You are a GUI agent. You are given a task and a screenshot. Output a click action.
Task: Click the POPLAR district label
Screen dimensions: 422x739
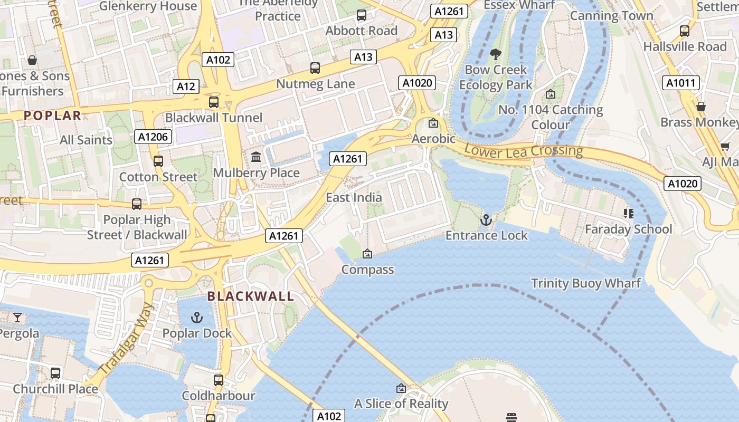point(53,116)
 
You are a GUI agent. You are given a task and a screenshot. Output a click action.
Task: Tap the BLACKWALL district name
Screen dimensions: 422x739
point(251,296)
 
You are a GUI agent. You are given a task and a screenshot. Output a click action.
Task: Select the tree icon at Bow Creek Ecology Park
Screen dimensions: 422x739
point(495,54)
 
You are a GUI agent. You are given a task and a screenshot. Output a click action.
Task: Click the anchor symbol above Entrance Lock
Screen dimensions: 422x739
point(486,219)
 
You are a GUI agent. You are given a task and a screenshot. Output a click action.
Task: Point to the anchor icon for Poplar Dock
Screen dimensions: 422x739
point(197,318)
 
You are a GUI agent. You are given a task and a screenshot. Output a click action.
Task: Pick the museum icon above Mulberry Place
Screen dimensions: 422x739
point(257,157)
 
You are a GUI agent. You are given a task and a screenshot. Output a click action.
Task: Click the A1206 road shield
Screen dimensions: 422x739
point(153,137)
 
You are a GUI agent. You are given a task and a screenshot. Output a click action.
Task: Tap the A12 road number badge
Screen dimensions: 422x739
point(186,87)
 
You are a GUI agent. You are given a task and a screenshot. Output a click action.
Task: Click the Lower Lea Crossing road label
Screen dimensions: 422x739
point(524,151)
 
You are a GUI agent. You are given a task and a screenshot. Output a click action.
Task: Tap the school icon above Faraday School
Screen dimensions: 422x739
point(628,213)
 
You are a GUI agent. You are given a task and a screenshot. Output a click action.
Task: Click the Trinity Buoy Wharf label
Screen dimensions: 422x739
point(586,283)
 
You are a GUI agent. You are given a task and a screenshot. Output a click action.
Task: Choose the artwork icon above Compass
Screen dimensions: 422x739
point(367,254)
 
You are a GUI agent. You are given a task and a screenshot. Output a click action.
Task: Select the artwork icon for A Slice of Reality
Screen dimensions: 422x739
point(401,388)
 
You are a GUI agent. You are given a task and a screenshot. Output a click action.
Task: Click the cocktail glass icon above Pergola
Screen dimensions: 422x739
point(17,317)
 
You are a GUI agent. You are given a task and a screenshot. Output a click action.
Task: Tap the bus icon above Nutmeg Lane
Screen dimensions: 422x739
point(315,68)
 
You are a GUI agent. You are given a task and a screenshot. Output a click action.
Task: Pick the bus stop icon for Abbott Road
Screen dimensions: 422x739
point(362,15)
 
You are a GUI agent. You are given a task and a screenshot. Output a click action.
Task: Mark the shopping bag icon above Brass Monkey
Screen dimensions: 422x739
point(701,107)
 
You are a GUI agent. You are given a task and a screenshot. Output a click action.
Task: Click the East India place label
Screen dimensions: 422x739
point(354,197)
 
